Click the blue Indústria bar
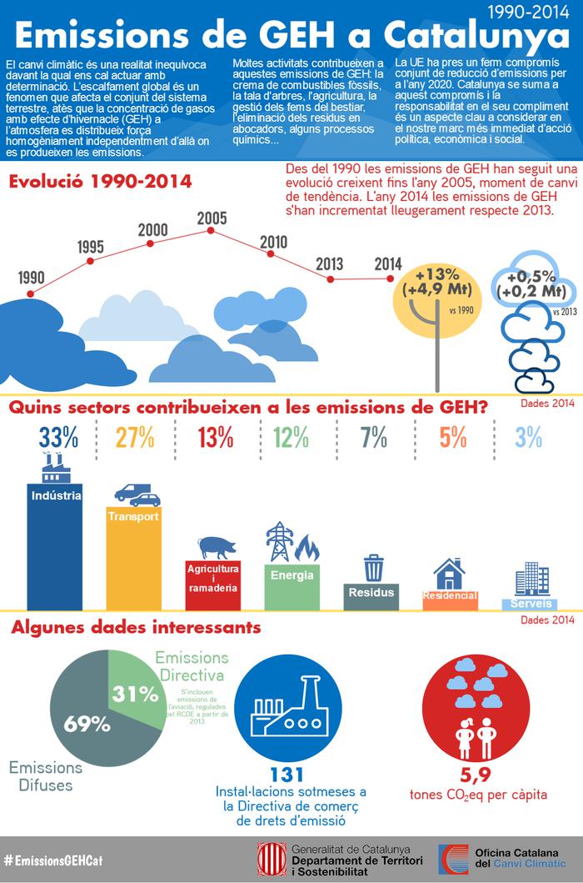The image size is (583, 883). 55,550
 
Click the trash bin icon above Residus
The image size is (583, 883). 372,568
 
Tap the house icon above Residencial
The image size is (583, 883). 449,574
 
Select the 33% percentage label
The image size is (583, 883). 56,437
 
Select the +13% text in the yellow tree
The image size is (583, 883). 433,276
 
